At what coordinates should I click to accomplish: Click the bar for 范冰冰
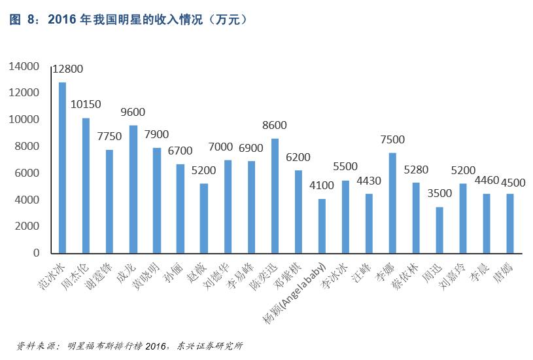click(x=62, y=168)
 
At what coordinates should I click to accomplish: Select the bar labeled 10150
click(x=86, y=185)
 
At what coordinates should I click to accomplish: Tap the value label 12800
click(x=68, y=69)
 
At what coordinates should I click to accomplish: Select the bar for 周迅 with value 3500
click(x=439, y=230)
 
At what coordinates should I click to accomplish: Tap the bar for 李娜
click(x=392, y=203)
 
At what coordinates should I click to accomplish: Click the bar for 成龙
click(x=133, y=189)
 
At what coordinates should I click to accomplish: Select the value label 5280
click(x=416, y=169)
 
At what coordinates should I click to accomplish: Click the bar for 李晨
click(x=487, y=223)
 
